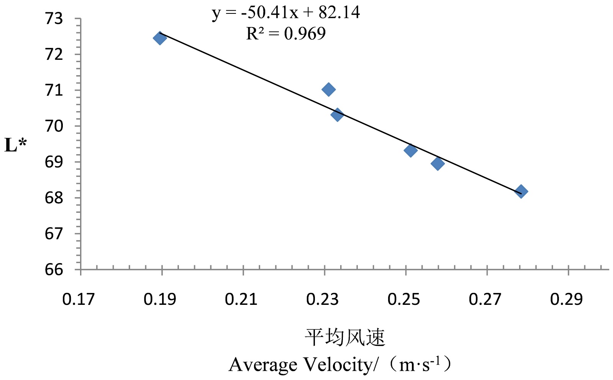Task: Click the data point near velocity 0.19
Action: click(159, 38)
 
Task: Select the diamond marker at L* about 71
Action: click(328, 90)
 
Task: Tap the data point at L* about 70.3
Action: click(337, 114)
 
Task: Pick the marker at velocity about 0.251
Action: click(410, 150)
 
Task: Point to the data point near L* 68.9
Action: click(438, 164)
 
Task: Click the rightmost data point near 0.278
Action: click(521, 191)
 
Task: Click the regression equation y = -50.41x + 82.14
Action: click(286, 13)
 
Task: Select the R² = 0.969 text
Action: click(286, 34)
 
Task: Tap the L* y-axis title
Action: click(16, 145)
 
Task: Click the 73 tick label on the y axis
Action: click(54, 18)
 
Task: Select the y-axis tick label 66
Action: click(54, 270)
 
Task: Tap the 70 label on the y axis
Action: click(54, 126)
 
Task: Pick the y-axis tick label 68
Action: click(54, 198)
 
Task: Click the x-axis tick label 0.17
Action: click(79, 299)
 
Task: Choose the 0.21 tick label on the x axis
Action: click(241, 299)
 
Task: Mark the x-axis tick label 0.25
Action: click(404, 299)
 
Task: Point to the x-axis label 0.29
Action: click(566, 299)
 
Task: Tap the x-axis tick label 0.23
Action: click(323, 299)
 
